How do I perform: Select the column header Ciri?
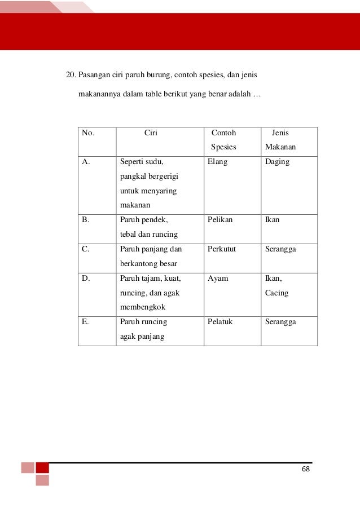151,133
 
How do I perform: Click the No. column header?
88,133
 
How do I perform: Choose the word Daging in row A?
277,162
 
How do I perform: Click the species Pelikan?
220,219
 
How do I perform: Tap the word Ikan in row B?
272,219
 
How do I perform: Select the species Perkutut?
222,249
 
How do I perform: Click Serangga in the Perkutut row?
280,249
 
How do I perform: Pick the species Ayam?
218,278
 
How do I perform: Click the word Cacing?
276,293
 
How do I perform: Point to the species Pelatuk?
220,322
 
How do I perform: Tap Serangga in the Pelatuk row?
280,322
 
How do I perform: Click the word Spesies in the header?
223,148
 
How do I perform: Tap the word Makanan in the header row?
280,148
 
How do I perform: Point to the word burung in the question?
161,74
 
